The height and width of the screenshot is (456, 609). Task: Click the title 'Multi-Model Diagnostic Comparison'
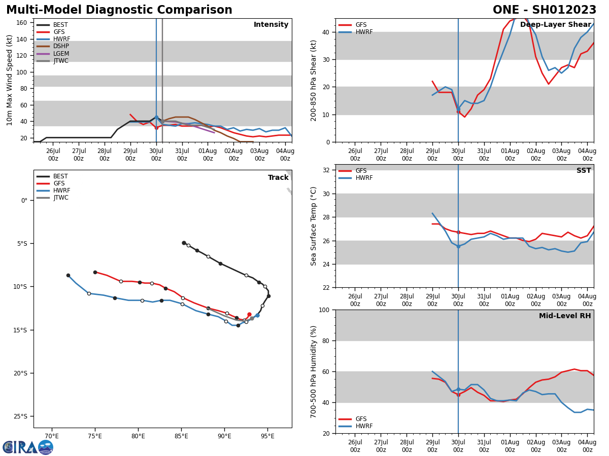(x=119, y=10)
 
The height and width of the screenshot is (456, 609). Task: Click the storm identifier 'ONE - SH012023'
(x=545, y=10)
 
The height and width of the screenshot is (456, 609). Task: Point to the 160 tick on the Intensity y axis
(x=22, y=23)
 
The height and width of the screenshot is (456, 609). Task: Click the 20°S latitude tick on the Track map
(x=20, y=373)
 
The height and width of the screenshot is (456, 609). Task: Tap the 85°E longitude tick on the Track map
(x=181, y=435)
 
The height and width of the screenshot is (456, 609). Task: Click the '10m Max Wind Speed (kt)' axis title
(x=10, y=80)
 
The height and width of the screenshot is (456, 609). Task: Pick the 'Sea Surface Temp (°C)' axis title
(x=314, y=226)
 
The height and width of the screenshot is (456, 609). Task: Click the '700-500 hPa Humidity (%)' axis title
(x=314, y=371)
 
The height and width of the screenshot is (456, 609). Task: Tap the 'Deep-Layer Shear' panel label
(x=555, y=25)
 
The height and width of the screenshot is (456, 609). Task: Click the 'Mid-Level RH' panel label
(x=564, y=316)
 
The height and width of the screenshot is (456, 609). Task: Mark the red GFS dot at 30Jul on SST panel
(x=458, y=233)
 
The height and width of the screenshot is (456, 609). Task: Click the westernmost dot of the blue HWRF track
(x=68, y=275)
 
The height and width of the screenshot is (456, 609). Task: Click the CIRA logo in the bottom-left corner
(x=27, y=447)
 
